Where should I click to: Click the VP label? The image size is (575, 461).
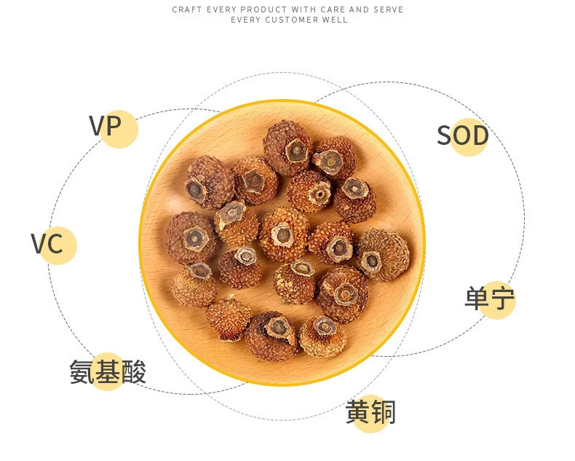[105, 126]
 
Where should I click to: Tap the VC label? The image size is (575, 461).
[47, 244]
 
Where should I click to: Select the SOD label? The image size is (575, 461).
[462, 136]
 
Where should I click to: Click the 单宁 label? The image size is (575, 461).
[490, 299]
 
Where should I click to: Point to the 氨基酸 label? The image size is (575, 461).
[108, 372]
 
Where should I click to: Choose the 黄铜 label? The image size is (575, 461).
[370, 413]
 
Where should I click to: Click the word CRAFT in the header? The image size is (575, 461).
[186, 9]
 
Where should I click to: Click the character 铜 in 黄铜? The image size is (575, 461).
[383, 413]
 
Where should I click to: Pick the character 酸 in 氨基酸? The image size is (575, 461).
[133, 372]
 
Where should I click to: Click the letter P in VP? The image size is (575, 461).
[112, 126]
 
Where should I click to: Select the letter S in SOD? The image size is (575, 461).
[445, 136]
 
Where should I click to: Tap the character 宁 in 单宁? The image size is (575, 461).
[502, 299]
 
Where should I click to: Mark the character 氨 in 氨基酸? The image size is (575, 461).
[82, 372]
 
